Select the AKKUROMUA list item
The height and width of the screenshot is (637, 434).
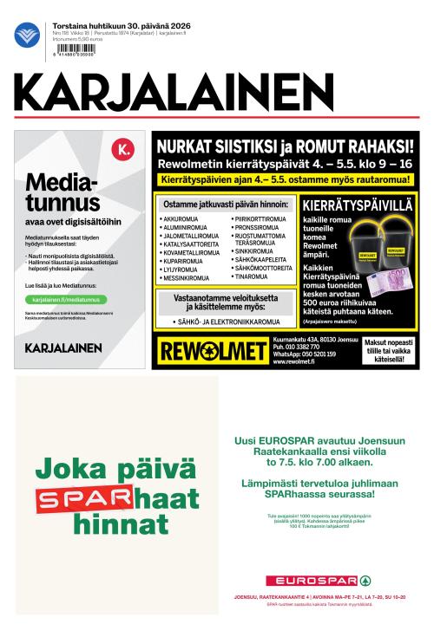[x=181, y=220]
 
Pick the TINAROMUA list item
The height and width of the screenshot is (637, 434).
[x=251, y=276]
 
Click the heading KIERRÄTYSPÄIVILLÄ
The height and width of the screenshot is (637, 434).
[x=359, y=207]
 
